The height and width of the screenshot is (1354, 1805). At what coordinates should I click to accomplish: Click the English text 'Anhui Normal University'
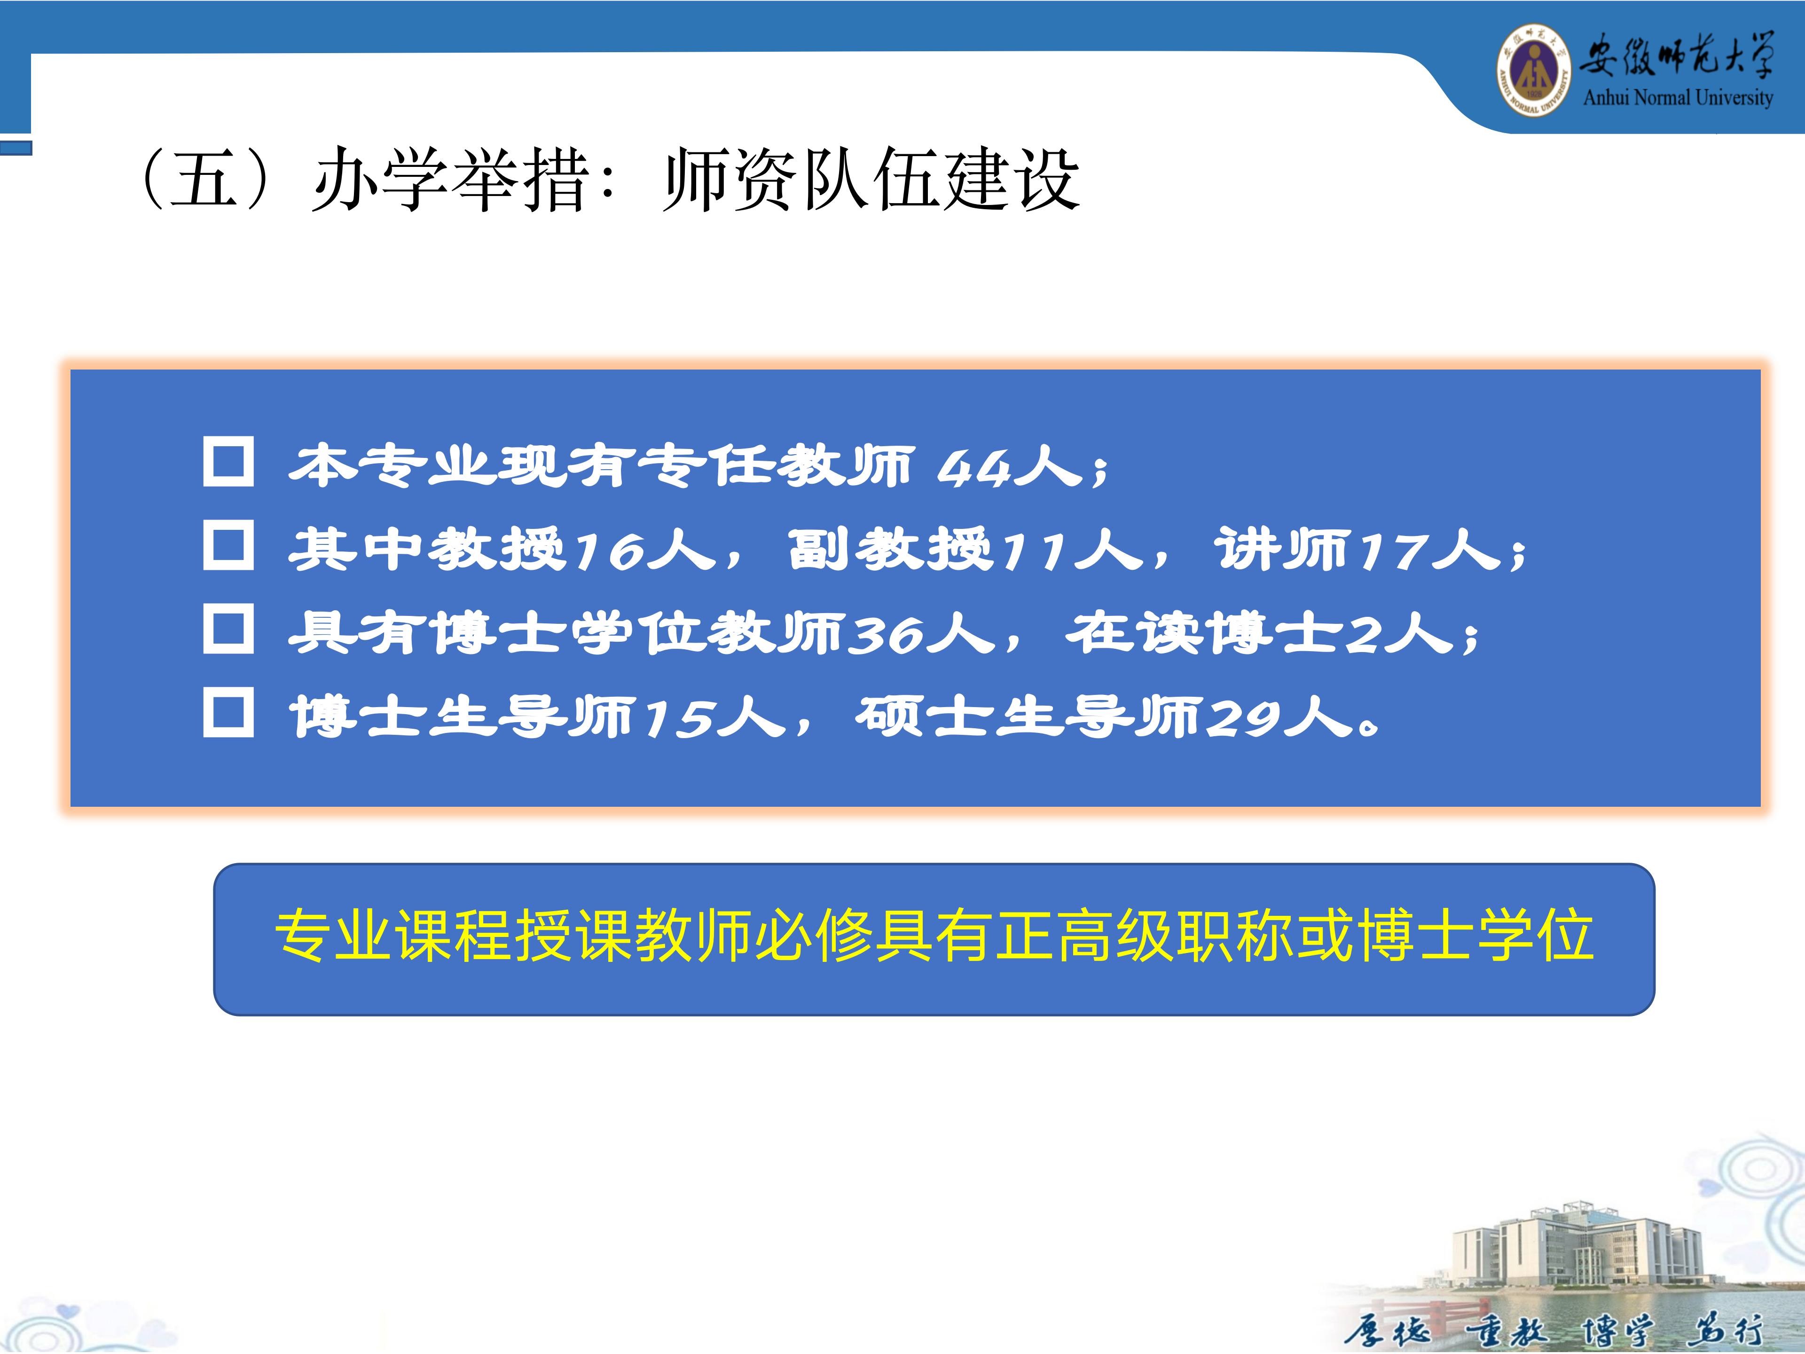pos(1679,97)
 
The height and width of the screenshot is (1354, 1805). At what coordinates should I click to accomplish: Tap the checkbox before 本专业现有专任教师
pos(228,462)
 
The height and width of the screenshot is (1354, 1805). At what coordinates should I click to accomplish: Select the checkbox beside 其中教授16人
pos(228,545)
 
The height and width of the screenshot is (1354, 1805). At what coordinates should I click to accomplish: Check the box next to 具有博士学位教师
pos(228,629)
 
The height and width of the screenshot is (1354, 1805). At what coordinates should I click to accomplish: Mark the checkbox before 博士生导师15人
pos(228,713)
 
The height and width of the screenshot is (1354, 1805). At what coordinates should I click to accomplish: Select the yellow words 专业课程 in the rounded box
pos(393,935)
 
